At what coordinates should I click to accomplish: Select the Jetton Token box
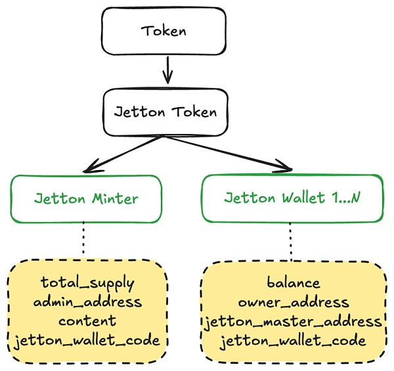pyautogui.click(x=165, y=112)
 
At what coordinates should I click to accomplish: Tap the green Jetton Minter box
pyautogui.click(x=86, y=198)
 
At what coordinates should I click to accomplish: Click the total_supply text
pyautogui.click(x=87, y=283)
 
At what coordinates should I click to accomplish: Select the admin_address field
pyautogui.click(x=87, y=302)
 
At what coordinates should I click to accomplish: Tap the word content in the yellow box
pyautogui.click(x=87, y=321)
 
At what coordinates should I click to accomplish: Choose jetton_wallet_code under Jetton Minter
pyautogui.click(x=87, y=340)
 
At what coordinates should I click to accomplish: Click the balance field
pyautogui.click(x=294, y=283)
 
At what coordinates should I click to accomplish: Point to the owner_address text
pyautogui.click(x=294, y=302)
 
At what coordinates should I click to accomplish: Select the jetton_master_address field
pyautogui.click(x=294, y=322)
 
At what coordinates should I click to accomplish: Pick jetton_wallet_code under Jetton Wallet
pyautogui.click(x=294, y=341)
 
